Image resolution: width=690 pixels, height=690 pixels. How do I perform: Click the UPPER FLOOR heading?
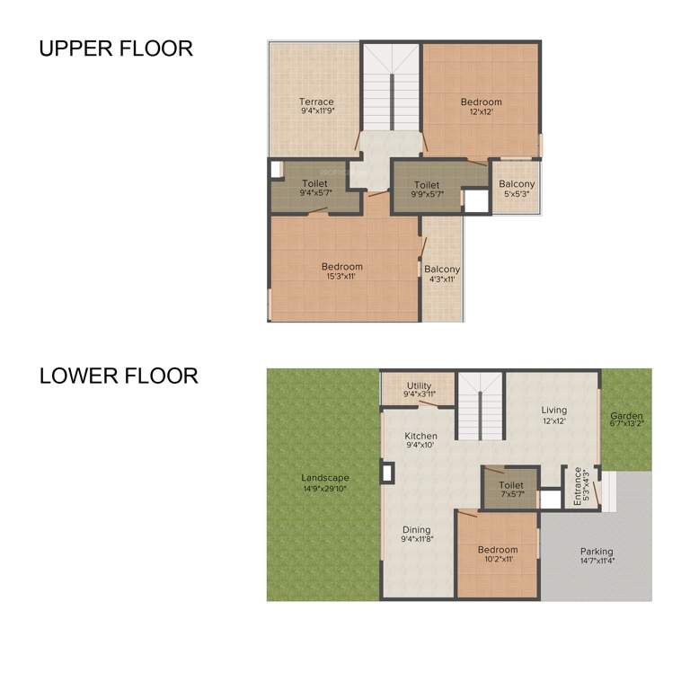click(x=116, y=49)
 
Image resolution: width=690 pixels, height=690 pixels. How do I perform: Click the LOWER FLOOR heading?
click(x=119, y=376)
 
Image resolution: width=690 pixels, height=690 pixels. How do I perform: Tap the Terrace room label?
click(x=316, y=107)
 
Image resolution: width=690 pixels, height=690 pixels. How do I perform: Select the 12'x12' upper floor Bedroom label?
click(x=481, y=107)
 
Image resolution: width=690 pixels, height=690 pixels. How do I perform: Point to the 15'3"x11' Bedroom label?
click(x=342, y=271)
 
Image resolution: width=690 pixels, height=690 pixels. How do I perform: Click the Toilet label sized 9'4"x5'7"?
click(x=314, y=189)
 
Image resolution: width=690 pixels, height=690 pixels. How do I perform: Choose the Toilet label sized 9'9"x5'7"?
click(x=427, y=189)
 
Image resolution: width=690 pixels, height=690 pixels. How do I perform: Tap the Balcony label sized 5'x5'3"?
click(x=517, y=189)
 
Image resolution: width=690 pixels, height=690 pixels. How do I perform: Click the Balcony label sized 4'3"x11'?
click(x=442, y=274)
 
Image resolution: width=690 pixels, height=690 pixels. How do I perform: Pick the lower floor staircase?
click(x=481, y=406)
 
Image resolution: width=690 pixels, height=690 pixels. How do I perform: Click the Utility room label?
click(x=419, y=390)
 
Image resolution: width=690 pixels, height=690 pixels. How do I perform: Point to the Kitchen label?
click(x=421, y=440)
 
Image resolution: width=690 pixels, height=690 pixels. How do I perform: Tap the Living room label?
click(x=554, y=415)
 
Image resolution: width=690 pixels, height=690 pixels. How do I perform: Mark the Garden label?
click(x=626, y=421)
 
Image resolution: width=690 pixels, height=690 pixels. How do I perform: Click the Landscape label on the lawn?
click(x=325, y=483)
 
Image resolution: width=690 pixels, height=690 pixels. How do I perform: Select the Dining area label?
click(x=416, y=535)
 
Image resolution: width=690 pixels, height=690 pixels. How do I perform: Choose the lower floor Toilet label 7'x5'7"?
click(x=510, y=489)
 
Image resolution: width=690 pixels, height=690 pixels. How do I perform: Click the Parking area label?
click(x=597, y=556)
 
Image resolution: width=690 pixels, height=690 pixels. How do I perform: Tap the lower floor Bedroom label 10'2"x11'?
click(x=498, y=554)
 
